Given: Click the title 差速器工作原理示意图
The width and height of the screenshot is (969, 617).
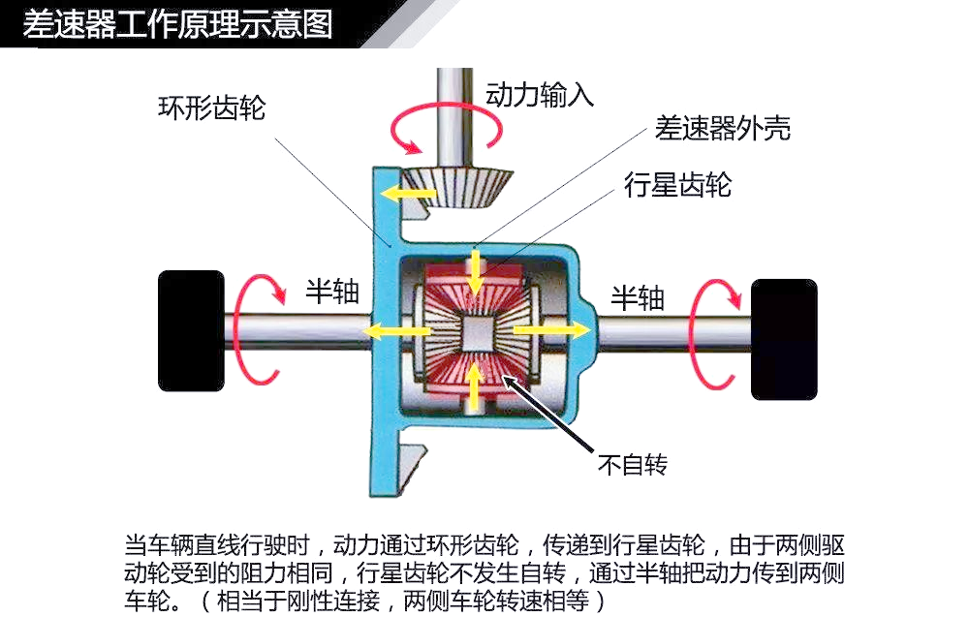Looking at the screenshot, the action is [x=177, y=24].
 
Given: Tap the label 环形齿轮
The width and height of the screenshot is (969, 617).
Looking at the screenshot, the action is [x=212, y=108].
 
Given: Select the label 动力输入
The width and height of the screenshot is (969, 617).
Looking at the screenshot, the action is [x=540, y=95].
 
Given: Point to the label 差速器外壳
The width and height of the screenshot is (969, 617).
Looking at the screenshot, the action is [x=723, y=129].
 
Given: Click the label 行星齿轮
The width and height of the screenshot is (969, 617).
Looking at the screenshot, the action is [x=678, y=184].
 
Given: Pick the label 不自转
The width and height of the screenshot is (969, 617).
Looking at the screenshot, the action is [x=633, y=464].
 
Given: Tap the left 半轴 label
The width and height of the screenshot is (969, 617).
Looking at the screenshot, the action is [x=332, y=291].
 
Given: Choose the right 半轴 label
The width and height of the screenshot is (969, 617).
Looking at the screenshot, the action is [x=638, y=298].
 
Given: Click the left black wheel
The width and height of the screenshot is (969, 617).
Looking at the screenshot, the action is [x=192, y=331].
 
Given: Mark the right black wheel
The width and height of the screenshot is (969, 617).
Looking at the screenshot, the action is [x=784, y=339].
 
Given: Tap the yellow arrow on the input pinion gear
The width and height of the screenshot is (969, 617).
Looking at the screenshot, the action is [x=409, y=194].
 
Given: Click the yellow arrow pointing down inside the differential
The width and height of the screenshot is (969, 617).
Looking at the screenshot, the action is [x=475, y=272].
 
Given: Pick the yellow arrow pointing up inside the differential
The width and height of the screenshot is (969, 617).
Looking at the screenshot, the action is [x=474, y=387].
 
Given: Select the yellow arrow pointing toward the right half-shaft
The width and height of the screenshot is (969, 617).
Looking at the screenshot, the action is [x=552, y=330].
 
